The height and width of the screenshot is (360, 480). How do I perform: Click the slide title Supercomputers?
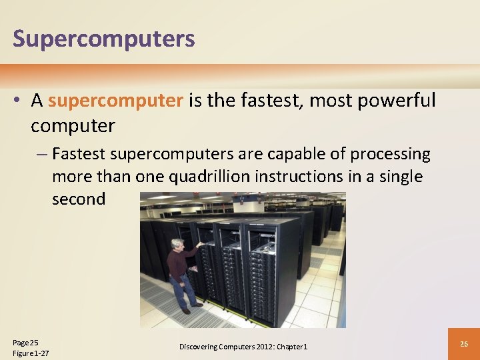pyautogui.click(x=104, y=38)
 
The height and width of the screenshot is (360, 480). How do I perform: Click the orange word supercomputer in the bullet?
pyautogui.click(x=115, y=101)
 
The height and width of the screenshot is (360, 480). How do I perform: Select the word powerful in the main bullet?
pyautogui.click(x=397, y=101)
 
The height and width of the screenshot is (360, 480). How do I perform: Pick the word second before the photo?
pyautogui.click(x=79, y=199)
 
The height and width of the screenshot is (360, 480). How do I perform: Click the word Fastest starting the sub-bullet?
pyautogui.click(x=79, y=154)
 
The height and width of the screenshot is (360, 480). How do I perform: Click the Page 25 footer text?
pyautogui.click(x=25, y=342)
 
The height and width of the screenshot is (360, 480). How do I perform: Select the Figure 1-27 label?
pyautogui.click(x=31, y=353)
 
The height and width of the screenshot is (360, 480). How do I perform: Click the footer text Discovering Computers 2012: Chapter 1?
pyautogui.click(x=243, y=347)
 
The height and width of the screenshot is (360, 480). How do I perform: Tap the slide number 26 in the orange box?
pyautogui.click(x=464, y=344)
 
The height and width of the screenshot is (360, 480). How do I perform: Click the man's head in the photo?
pyautogui.click(x=177, y=245)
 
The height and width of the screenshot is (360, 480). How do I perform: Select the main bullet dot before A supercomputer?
pyautogui.click(x=18, y=101)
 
